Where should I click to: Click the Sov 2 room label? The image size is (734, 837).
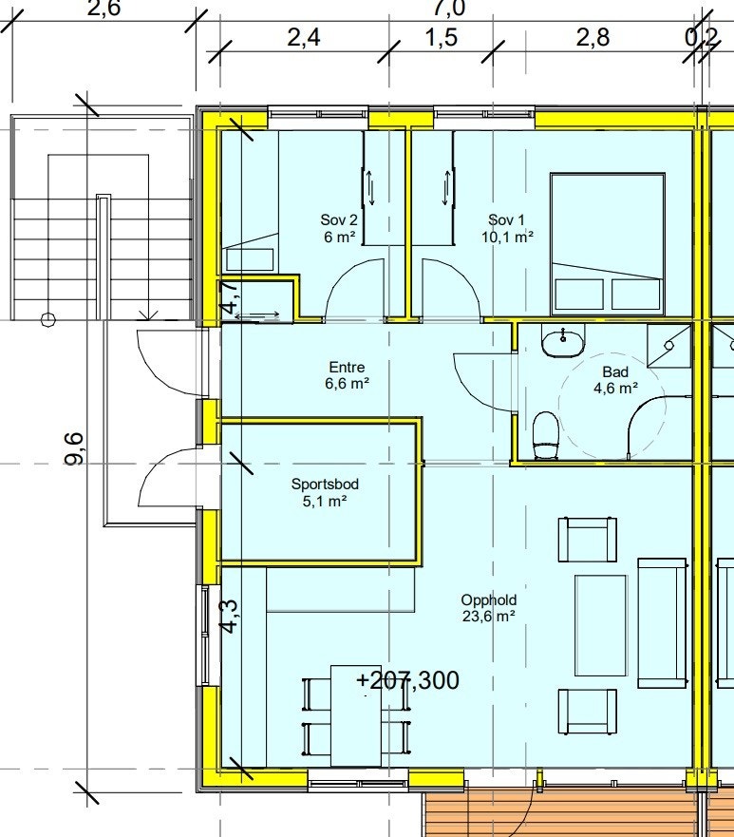(x=339, y=228)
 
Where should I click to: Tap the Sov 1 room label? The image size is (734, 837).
(x=506, y=228)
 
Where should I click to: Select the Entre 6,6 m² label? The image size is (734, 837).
(x=347, y=375)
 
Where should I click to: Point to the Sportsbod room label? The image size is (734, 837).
(x=325, y=492)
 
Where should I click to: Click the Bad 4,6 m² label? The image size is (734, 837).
(x=615, y=379)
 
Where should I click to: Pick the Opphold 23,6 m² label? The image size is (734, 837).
(x=488, y=607)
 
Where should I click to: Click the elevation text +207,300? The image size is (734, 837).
(x=407, y=680)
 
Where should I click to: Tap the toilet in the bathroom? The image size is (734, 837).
(x=546, y=435)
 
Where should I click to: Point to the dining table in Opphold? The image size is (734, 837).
(x=356, y=715)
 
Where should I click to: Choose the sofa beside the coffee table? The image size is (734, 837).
(x=662, y=623)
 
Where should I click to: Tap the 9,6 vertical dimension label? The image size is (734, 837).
(x=75, y=448)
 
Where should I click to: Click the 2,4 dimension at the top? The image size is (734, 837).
(x=304, y=38)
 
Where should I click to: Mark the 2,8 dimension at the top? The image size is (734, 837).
(x=593, y=38)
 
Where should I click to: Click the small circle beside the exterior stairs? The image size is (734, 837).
(x=47, y=319)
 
